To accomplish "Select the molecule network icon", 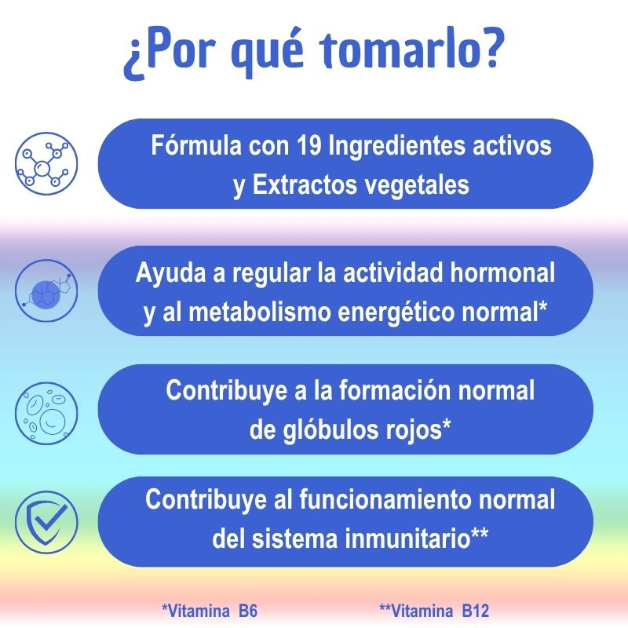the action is point(46,163).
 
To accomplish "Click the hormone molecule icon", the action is point(46,290).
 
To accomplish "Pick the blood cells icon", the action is point(46,413).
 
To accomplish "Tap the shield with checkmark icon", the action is point(46,522).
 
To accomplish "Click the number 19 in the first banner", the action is point(309,145).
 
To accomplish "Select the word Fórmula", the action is point(196,145).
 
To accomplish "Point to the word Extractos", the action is point(305,184).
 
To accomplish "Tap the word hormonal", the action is point(502,272).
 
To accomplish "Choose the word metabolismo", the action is point(260,312).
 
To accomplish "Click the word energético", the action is point(396,313).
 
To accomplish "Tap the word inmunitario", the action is point(407,539).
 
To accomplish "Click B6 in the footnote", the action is point(248,612).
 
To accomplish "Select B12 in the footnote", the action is point(476,612).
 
